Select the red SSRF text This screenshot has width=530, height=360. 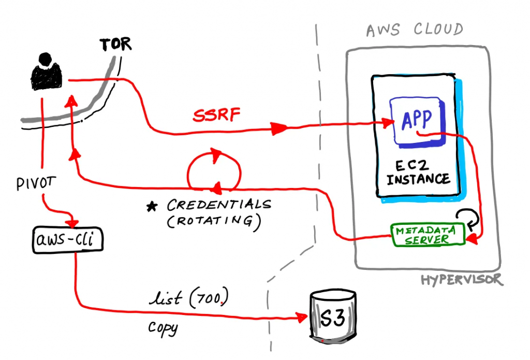[x=217, y=116]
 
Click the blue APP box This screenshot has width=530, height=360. [x=418, y=120]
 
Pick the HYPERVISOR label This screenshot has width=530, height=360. [x=461, y=280]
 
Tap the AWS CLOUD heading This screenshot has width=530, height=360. [x=414, y=30]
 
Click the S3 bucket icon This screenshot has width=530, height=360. [x=333, y=318]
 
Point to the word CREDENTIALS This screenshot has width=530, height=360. [x=218, y=205]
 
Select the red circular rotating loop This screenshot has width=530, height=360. [x=213, y=168]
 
